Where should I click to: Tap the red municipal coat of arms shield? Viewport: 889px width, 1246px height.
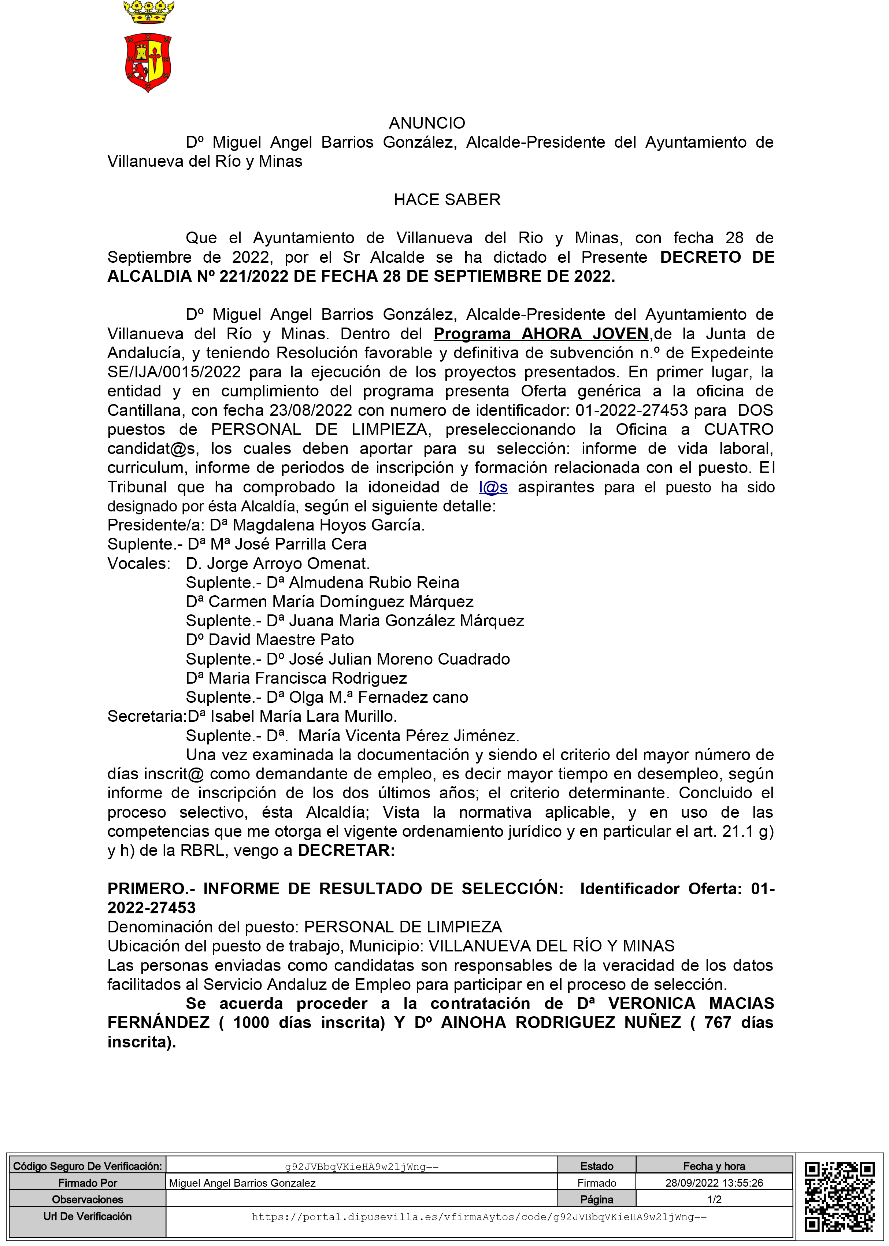pos(148,62)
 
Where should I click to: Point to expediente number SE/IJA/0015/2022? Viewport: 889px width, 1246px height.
pos(174,372)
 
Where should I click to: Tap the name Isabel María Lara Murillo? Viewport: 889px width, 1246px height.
pos(303,716)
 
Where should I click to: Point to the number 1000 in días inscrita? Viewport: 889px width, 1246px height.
pos(251,1022)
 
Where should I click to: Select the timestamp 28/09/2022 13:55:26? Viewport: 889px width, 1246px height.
pos(714,1183)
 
